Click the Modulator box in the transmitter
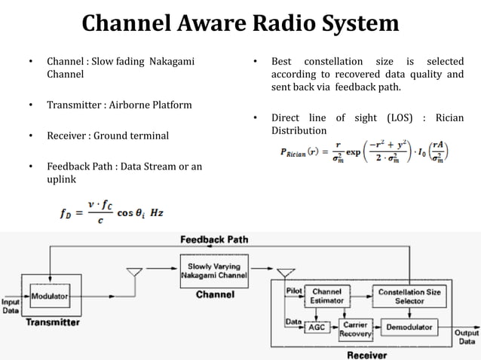(49, 297)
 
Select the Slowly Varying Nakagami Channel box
(214, 270)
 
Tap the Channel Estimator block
(326, 296)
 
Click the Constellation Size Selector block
(412, 296)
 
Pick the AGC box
(317, 327)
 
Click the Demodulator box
(409, 327)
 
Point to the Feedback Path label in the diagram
(215, 239)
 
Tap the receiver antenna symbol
(286, 272)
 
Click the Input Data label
(11, 304)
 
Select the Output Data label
(465, 336)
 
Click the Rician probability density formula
(364, 154)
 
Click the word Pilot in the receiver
(294, 290)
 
